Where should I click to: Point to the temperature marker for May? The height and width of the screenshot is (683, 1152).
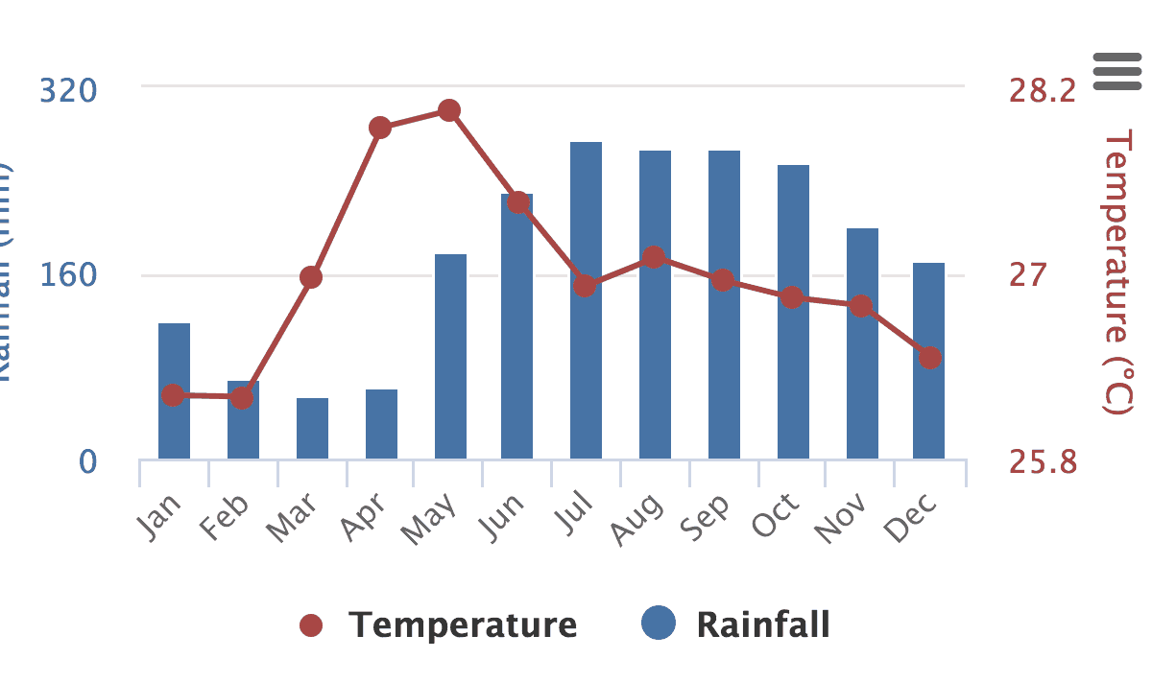(449, 110)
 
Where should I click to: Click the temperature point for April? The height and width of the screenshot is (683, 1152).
(380, 128)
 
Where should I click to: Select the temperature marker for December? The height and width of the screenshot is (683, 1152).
(929, 358)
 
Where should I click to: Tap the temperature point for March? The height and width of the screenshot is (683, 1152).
(311, 277)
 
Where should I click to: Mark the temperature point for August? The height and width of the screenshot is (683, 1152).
(654, 257)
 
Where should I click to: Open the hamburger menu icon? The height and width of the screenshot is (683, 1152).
(1116, 72)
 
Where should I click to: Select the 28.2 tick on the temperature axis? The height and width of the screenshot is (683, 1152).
(1042, 91)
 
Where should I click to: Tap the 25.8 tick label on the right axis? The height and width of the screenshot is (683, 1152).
(1042, 462)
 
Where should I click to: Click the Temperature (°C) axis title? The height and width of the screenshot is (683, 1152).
(1117, 273)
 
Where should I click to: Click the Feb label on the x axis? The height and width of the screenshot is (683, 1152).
(227, 518)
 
